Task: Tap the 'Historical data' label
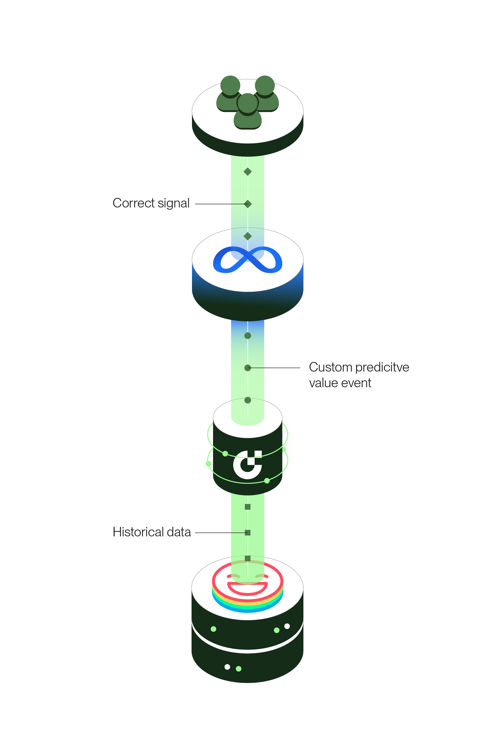coord(152,532)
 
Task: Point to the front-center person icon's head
coord(248,103)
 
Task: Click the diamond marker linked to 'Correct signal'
coord(248,204)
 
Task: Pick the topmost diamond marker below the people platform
coord(248,171)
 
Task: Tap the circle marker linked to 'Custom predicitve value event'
coord(248,368)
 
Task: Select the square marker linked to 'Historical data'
coord(248,532)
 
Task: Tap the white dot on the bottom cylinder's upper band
coord(287,626)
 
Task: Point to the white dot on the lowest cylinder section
coord(227,667)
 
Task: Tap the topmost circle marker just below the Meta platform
coord(248,336)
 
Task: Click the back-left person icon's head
coord(230,85)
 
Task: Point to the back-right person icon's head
coord(265,85)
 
